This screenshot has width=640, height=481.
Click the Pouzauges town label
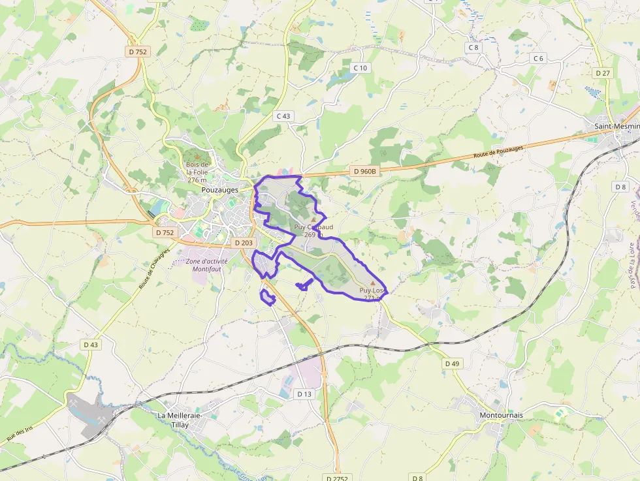pos(220,189)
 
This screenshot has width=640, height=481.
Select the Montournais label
pos(501,415)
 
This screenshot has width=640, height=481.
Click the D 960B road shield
pos(365,171)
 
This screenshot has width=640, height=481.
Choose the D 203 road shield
pos(243,243)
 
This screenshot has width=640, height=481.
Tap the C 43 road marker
pos(283,116)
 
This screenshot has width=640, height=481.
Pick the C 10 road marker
pos(360,68)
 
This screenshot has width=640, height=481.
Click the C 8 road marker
pos(473,47)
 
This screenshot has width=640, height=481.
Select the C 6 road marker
pos(538,58)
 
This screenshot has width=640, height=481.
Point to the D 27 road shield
pos(602,72)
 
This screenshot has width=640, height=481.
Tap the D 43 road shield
pos(91,344)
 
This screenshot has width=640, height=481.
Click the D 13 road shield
pos(304,394)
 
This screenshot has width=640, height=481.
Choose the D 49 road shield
pos(452,363)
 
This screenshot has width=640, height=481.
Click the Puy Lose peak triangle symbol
pos(373,284)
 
